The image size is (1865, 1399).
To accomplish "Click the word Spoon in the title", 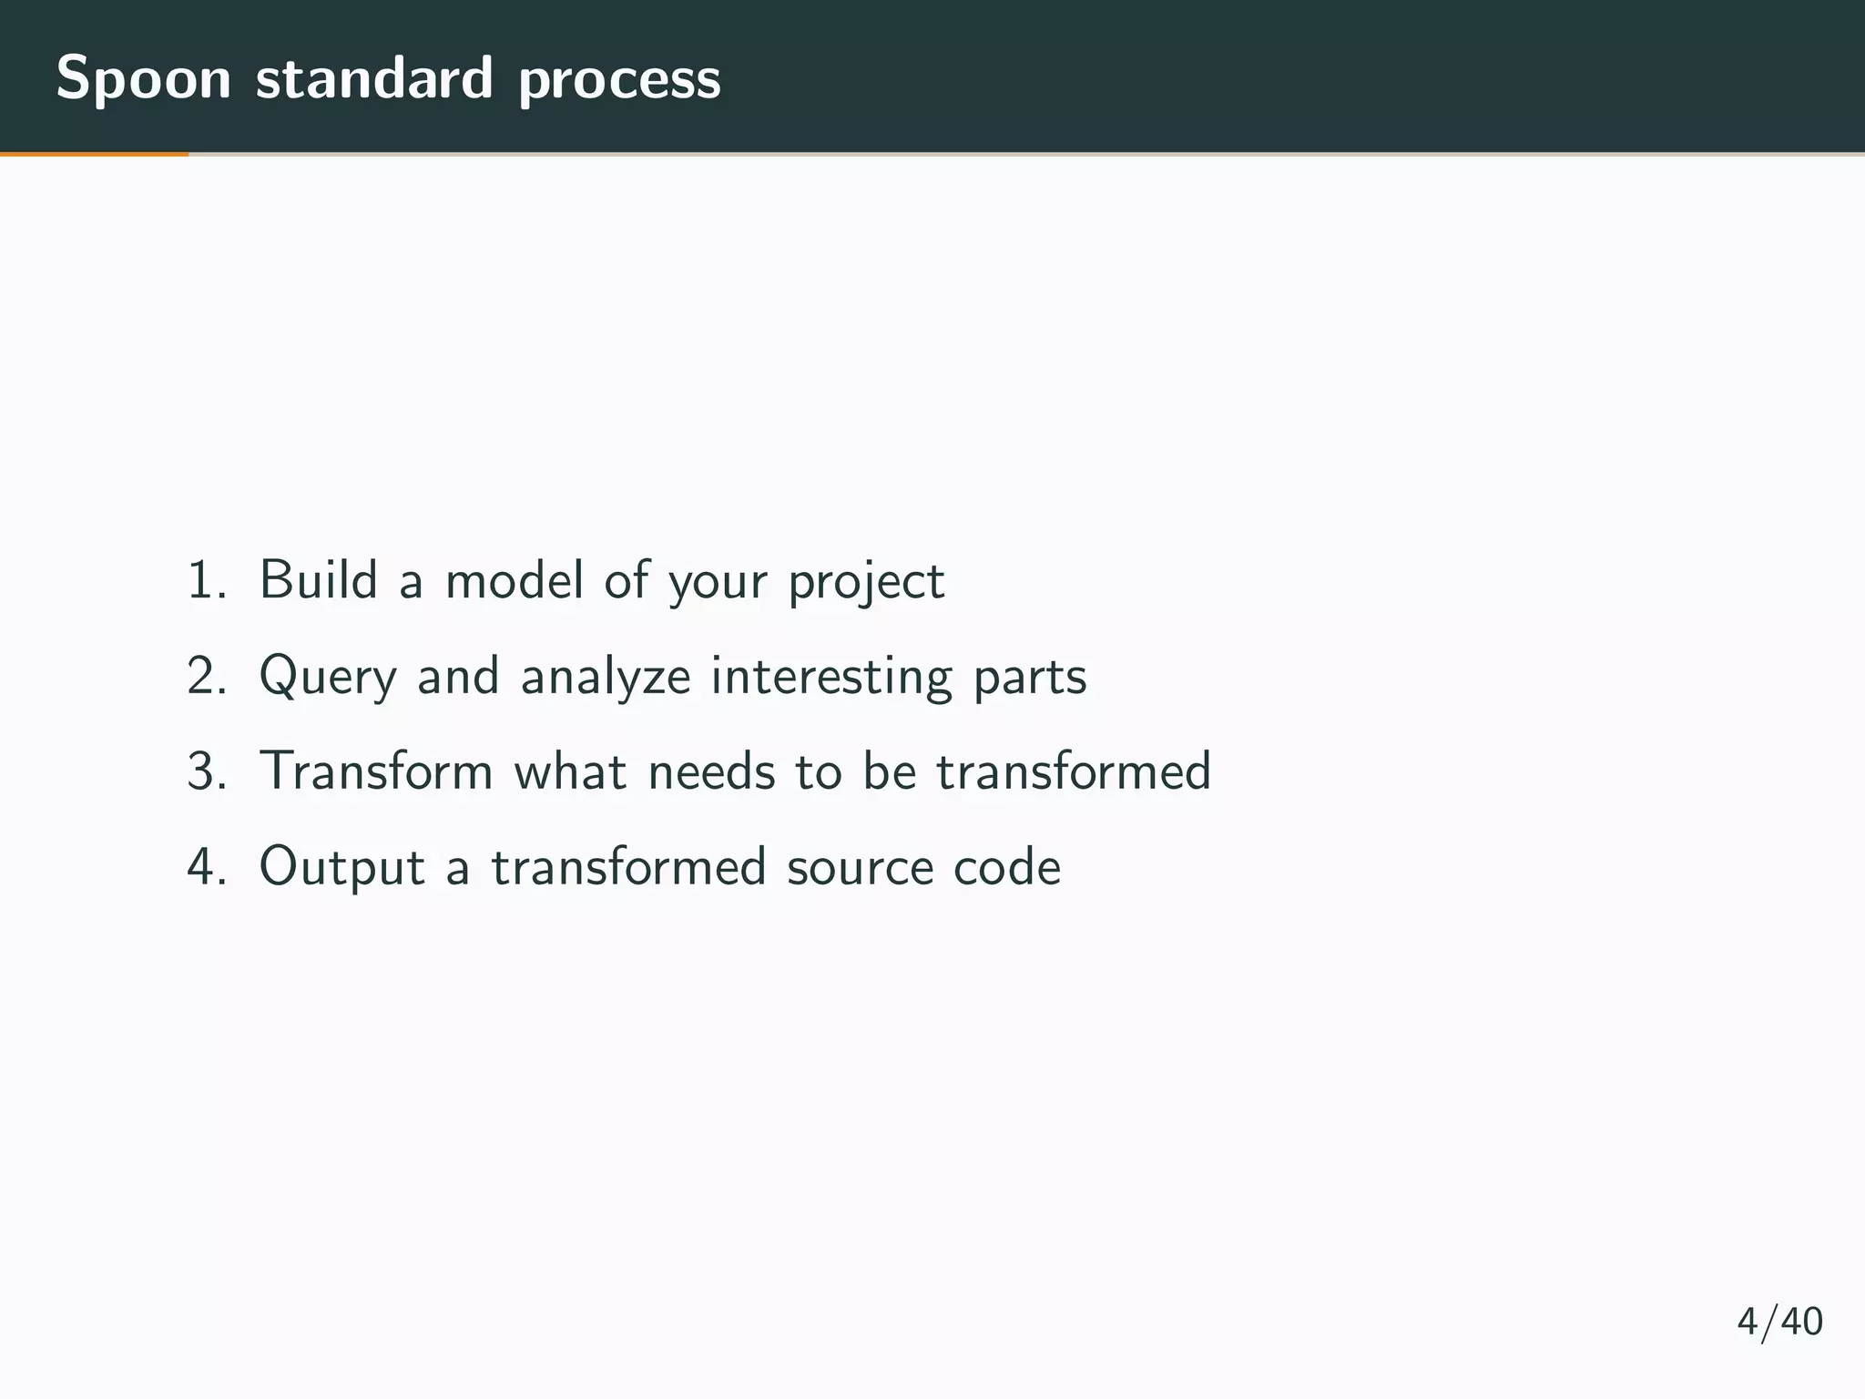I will tap(144, 80).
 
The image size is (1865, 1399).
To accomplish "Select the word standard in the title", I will tap(374, 78).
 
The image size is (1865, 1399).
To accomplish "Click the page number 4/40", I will tap(1779, 1322).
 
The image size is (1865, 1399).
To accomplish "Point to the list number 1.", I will tap(205, 581).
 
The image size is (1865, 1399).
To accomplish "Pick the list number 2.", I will tap(206, 677).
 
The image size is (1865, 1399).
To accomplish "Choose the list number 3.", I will tap(206, 771).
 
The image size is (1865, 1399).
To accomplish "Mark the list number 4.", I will tap(206, 867).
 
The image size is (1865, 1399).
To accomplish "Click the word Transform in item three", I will tap(376, 771).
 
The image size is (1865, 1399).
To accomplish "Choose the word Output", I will tap(341, 867).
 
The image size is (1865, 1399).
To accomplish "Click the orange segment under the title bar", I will tap(94, 154).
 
